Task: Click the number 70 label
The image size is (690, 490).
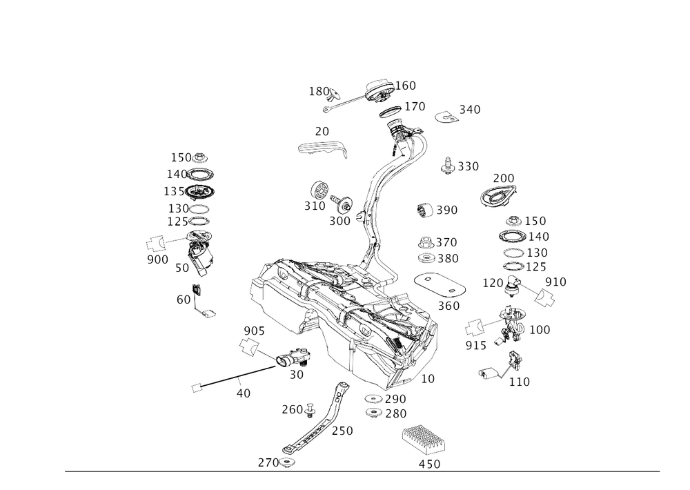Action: (322, 131)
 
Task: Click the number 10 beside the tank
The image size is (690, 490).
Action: (427, 379)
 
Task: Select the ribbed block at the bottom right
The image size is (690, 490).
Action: (422, 437)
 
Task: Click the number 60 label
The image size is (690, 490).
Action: (184, 300)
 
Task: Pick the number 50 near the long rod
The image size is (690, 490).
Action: (297, 373)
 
